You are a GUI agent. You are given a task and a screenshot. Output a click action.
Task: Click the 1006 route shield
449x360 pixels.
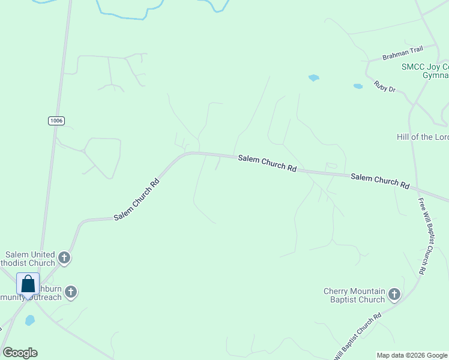point(56,121)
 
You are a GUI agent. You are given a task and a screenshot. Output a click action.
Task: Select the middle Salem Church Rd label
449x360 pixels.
point(267,163)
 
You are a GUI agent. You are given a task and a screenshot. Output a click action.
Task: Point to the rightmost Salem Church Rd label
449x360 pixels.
point(380,181)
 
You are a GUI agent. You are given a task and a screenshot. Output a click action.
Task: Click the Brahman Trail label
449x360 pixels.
point(403,54)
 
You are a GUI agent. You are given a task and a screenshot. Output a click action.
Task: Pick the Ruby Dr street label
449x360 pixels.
point(385,87)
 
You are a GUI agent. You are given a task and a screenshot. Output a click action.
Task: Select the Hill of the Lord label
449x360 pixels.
point(423,137)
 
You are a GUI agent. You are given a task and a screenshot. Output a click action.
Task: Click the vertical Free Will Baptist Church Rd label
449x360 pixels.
point(422,236)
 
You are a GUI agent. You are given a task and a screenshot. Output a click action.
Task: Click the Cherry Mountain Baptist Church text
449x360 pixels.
point(354,295)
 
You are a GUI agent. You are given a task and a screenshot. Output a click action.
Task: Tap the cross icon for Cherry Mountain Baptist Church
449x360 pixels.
point(394,294)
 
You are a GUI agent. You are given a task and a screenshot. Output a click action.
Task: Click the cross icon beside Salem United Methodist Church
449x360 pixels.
point(64,259)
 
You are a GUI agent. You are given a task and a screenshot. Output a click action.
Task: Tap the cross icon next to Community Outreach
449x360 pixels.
point(71,293)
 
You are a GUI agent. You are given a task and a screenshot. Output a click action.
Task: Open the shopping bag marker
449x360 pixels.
point(28,284)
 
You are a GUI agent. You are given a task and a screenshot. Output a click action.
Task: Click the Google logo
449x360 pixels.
point(20,353)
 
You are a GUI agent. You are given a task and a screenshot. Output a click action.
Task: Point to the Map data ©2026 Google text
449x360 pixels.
point(411,355)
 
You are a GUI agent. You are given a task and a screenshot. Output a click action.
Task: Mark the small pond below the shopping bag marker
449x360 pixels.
point(30,320)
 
